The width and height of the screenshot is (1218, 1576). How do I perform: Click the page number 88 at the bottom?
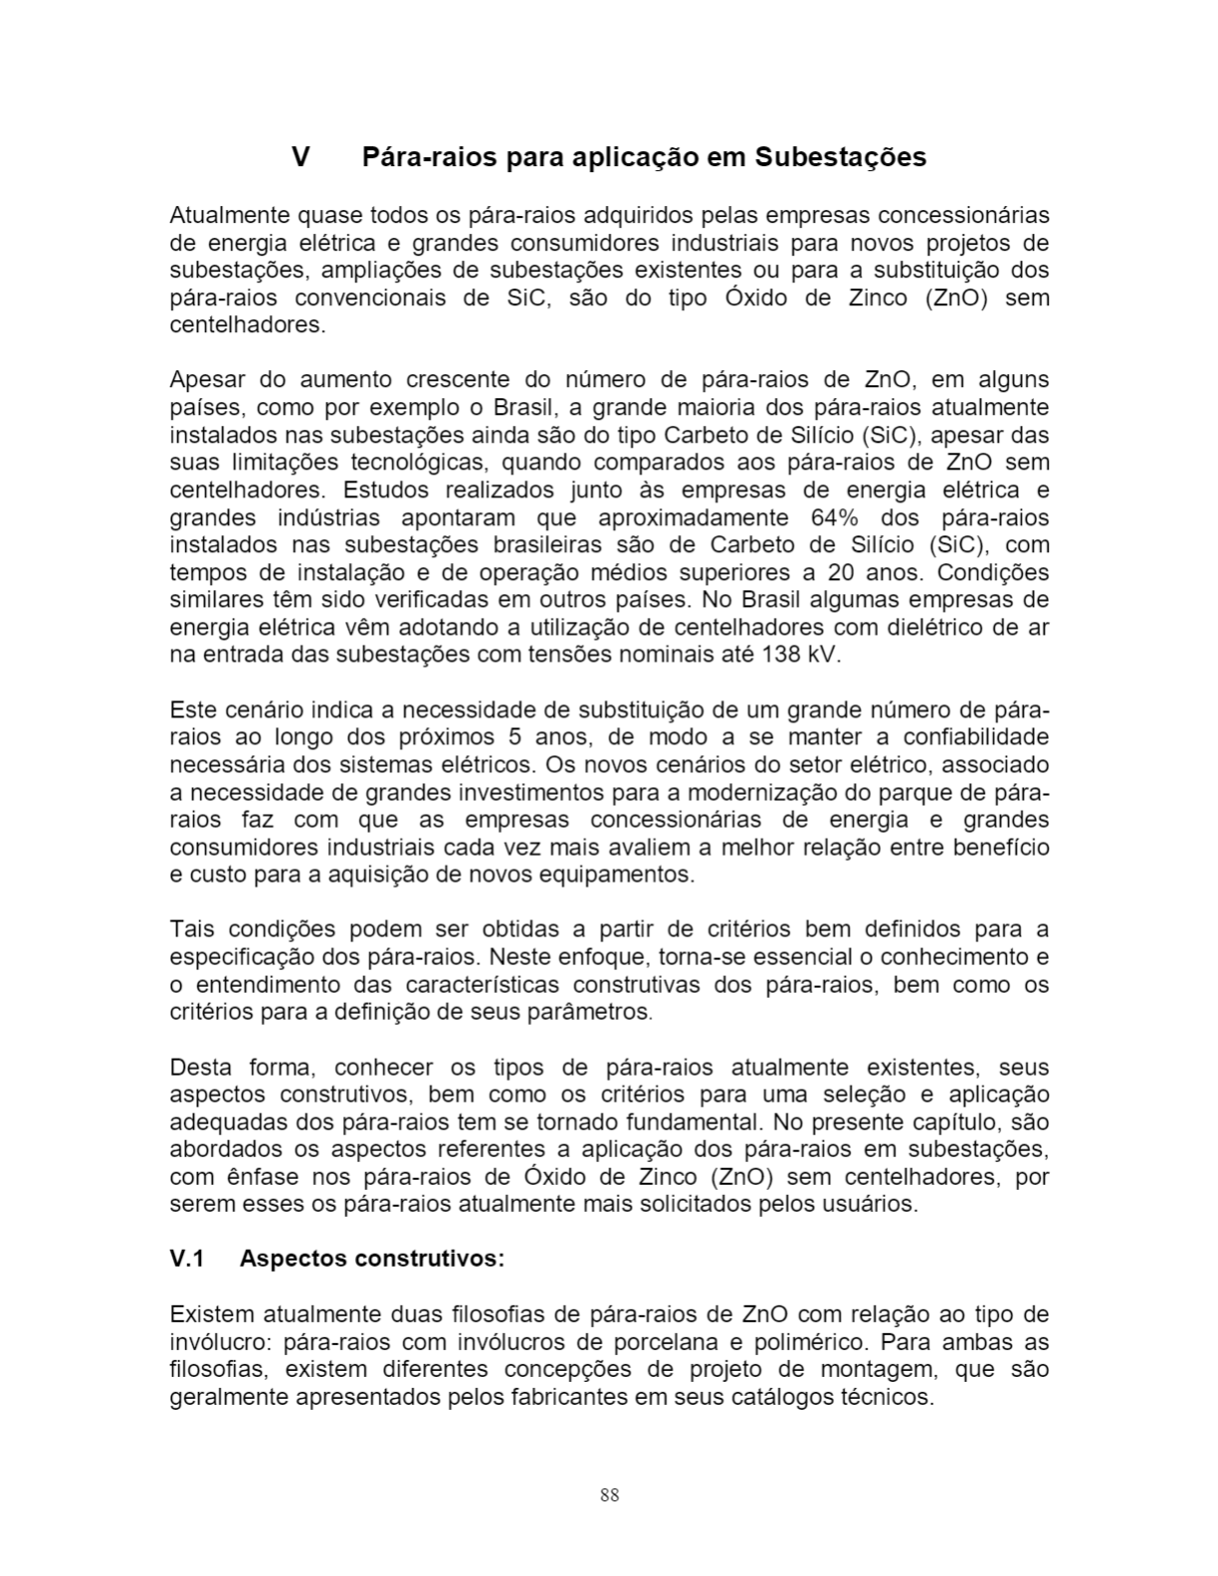click(609, 1494)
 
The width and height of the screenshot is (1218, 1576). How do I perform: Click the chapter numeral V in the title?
click(301, 157)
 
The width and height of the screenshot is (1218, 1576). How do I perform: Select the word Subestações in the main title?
click(841, 157)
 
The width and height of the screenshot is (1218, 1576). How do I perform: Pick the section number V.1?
click(187, 1259)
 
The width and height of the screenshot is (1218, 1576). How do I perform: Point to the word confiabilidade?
click(975, 737)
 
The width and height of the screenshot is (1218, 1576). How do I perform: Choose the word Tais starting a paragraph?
click(190, 929)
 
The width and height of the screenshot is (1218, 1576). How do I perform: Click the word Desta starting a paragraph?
click(199, 1068)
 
